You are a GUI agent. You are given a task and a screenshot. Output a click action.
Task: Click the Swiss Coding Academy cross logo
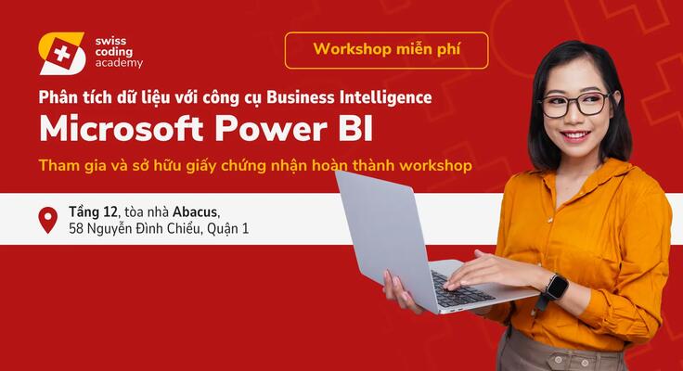[62, 53]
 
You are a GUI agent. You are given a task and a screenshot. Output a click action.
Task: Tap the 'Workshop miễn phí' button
[386, 49]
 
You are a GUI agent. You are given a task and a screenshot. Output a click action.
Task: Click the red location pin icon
[47, 219]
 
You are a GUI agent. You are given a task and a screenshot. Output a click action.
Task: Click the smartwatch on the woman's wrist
[555, 288]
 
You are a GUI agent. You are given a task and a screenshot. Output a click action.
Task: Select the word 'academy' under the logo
[119, 64]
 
